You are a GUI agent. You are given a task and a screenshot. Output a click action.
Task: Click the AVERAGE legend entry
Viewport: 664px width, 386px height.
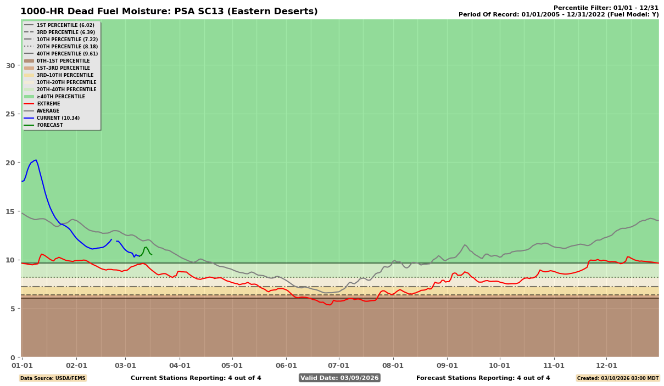click(x=49, y=111)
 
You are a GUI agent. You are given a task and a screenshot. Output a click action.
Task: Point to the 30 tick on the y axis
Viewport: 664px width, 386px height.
click(x=10, y=65)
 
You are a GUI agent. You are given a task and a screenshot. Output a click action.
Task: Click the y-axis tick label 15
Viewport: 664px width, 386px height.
click(x=10, y=211)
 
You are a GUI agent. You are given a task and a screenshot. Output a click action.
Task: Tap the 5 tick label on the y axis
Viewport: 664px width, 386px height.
click(x=12, y=309)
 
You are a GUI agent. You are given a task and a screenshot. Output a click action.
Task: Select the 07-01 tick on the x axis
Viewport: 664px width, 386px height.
click(x=338, y=365)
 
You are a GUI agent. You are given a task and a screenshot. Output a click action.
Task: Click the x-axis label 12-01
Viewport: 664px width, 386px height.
click(x=606, y=365)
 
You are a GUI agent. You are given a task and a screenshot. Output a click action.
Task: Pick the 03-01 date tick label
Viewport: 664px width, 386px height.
click(x=125, y=365)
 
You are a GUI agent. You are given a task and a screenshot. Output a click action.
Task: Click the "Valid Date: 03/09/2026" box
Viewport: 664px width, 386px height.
click(x=339, y=378)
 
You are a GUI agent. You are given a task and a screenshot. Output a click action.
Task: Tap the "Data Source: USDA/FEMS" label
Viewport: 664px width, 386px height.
click(x=53, y=378)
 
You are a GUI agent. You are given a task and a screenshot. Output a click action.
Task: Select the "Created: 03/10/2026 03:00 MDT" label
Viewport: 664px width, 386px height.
click(x=618, y=378)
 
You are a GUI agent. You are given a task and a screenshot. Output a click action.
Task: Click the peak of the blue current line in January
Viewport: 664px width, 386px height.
click(x=36, y=160)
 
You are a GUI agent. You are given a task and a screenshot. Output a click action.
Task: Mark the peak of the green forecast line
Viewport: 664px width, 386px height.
click(x=146, y=247)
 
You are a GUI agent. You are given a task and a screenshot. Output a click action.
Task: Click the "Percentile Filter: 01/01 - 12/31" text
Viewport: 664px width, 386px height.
click(x=606, y=8)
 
